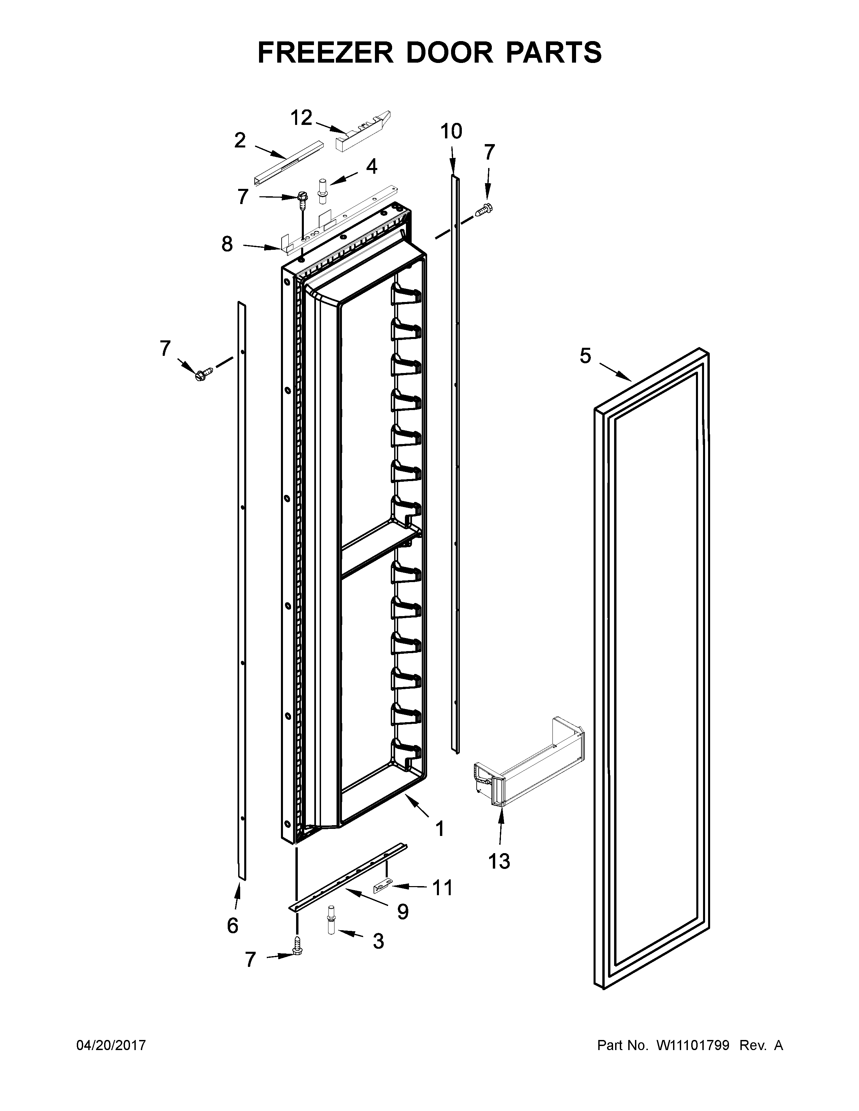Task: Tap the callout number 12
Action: coord(301,118)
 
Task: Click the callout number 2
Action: coord(240,140)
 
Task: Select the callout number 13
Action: coord(499,861)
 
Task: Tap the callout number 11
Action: coord(442,888)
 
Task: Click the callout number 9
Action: coord(403,912)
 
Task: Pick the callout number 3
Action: coord(378,941)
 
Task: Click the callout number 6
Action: coord(232,925)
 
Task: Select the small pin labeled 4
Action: coord(322,191)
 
